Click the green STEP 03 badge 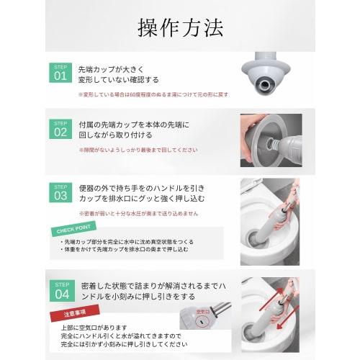60,192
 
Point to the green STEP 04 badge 60,289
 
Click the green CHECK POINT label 75,230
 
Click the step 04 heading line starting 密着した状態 154,286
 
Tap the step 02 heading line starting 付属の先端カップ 134,124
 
